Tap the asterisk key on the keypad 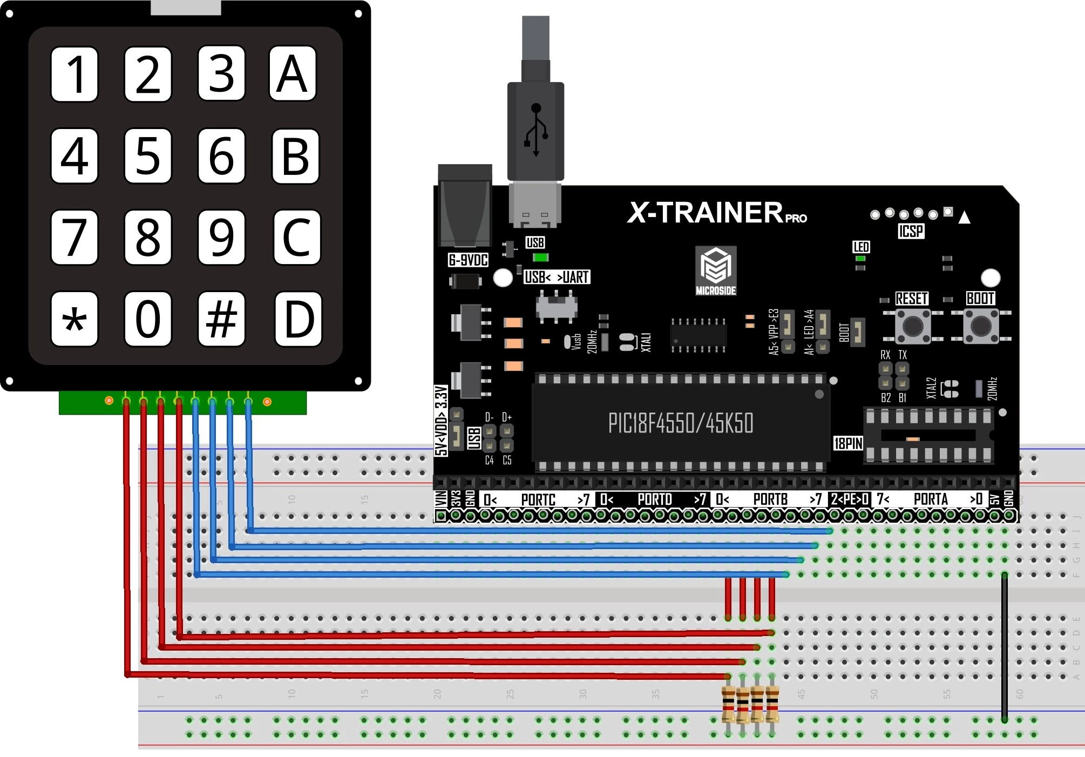[x=74, y=319]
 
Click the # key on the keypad [x=221, y=319]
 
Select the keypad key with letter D [x=298, y=319]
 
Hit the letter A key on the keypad [x=292, y=73]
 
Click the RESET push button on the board [x=912, y=326]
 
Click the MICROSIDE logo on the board [x=716, y=271]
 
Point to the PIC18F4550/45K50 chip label [x=681, y=423]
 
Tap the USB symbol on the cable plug [x=536, y=130]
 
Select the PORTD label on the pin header [x=654, y=499]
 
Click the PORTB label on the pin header [x=770, y=499]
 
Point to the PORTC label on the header [x=538, y=499]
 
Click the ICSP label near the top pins [x=911, y=232]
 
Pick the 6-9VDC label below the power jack [x=468, y=260]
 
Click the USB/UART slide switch [x=557, y=306]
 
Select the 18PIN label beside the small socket [x=848, y=443]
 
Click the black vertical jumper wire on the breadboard [x=1004, y=648]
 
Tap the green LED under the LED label [x=860, y=259]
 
